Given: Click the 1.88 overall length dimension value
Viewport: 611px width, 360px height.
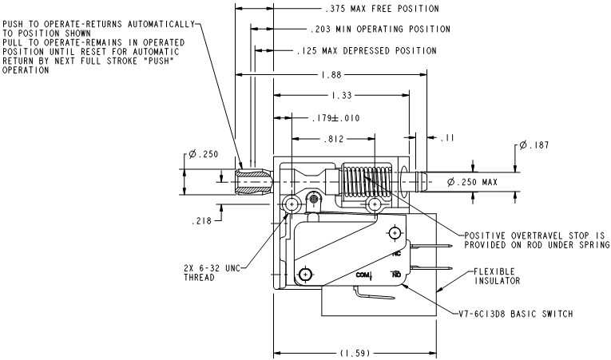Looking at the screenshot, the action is [x=331, y=74].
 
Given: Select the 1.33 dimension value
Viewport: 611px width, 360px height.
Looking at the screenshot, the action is [x=342, y=96].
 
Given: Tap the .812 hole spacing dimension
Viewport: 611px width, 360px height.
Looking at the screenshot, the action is [x=334, y=139].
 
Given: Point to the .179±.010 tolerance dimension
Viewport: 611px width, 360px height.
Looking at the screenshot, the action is [x=335, y=118].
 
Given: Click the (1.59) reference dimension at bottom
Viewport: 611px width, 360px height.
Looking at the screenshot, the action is [x=355, y=353].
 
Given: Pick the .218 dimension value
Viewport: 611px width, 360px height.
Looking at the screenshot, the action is [x=201, y=221].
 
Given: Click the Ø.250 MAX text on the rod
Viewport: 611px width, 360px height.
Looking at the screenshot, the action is [x=472, y=182].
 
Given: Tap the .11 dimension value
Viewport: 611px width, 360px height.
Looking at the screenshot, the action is [x=448, y=138].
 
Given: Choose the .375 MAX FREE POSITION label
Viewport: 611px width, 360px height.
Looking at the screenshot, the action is [x=382, y=9].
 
